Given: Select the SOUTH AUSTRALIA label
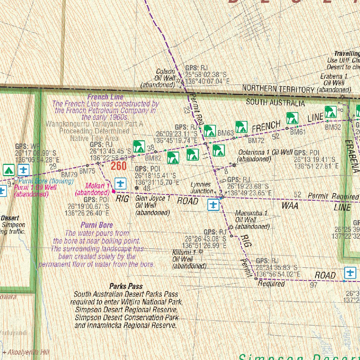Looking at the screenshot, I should [275, 103].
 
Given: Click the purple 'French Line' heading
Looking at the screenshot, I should [105, 97].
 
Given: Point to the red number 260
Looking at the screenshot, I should [118, 166].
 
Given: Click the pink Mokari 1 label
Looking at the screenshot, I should [92, 189].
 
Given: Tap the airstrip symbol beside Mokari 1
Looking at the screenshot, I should [120, 183].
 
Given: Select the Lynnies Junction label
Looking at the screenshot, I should [201, 188].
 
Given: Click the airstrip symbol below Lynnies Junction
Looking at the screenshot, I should [213, 205].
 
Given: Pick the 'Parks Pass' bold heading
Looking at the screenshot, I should [126, 287].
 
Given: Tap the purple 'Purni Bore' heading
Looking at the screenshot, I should [97, 225].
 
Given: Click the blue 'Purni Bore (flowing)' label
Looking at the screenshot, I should [46, 181].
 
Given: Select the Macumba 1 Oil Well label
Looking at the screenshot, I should [252, 220].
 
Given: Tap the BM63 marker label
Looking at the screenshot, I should [226, 133].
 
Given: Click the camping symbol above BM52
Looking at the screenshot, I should [330, 112].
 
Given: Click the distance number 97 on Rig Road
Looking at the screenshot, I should [314, 285].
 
